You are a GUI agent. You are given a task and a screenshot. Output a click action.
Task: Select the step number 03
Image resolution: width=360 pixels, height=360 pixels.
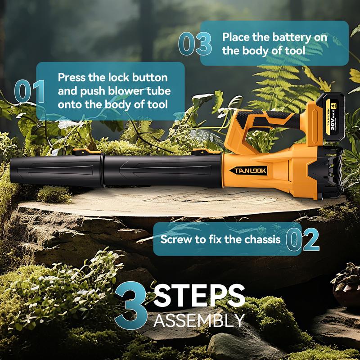click(195, 44)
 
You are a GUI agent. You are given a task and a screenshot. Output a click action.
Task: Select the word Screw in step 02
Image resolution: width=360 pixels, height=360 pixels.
click(175, 239)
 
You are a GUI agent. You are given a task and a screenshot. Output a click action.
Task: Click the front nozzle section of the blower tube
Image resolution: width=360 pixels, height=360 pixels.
click(49, 172)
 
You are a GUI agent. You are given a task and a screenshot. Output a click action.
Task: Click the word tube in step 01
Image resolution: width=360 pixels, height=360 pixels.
click(161, 90)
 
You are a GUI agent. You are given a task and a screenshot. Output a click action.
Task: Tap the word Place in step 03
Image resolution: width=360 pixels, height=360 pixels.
click(237, 37)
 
